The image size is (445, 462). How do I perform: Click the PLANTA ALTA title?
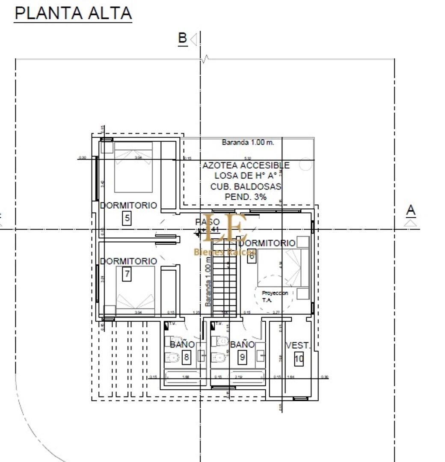(x=73, y=13)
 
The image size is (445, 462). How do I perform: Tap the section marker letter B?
(x=183, y=38)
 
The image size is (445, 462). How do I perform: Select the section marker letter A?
(x=411, y=210)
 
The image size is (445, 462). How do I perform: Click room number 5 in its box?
(x=127, y=219)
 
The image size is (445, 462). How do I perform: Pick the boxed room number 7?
(x=127, y=274)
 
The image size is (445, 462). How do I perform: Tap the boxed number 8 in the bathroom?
(x=186, y=357)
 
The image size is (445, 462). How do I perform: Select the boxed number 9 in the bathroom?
(x=242, y=357)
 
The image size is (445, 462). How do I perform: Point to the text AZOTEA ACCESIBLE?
(x=246, y=166)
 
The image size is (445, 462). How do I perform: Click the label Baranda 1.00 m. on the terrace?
(x=248, y=142)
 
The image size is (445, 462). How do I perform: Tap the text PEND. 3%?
(x=246, y=197)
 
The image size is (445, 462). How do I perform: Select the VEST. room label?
(x=298, y=345)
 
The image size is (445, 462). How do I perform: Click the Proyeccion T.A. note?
(x=275, y=296)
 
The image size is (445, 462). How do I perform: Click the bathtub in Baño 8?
(x=182, y=378)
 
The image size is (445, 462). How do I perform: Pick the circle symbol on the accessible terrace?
(x=305, y=164)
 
